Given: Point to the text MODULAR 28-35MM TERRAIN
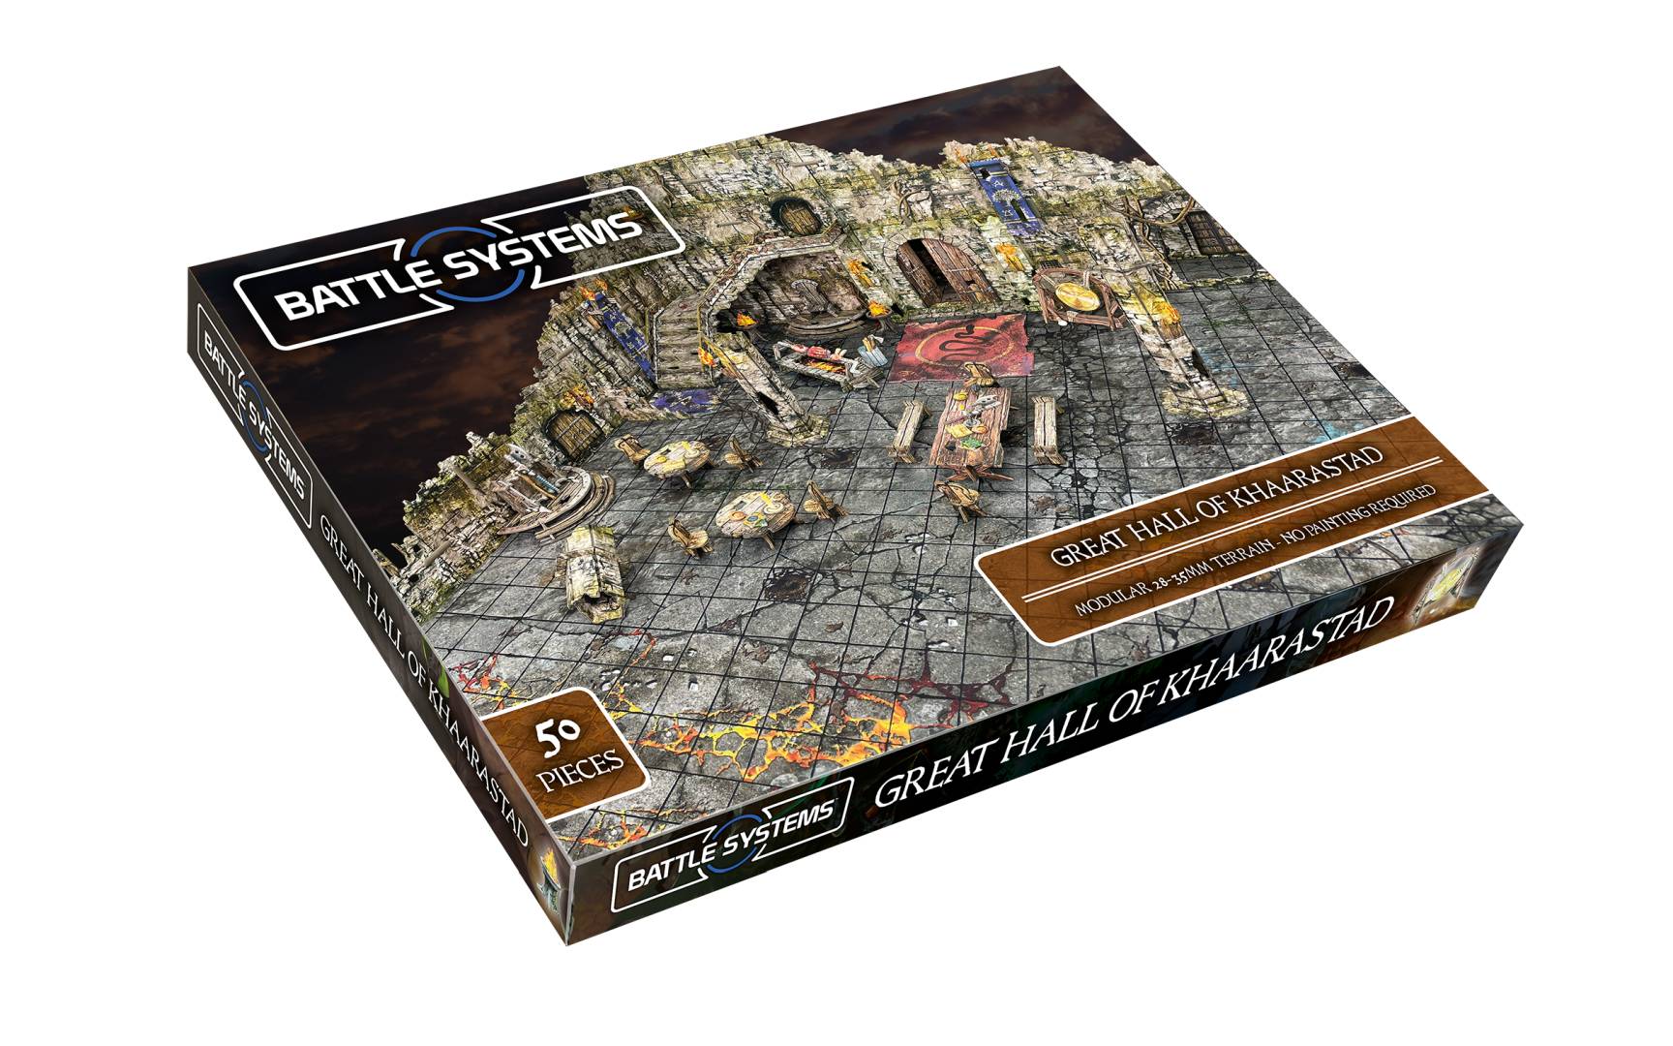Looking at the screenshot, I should tap(1162, 581).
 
